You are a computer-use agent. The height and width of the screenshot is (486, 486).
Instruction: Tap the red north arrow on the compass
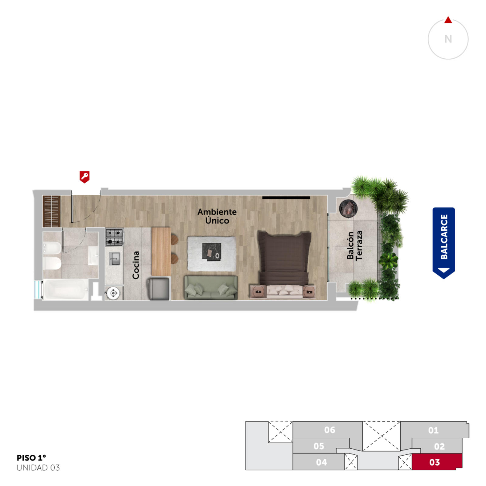pos(448,20)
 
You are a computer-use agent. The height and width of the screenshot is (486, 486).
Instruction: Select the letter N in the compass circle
pos(448,39)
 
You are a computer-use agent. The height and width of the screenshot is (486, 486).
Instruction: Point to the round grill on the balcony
pos(348,209)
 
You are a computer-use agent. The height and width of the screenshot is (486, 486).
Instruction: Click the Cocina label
pos(135,265)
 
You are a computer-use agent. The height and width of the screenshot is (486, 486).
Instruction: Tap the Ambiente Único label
pos(217,216)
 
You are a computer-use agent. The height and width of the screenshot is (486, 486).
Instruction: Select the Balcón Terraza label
pos(355,245)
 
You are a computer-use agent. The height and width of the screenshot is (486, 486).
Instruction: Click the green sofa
pos(211,287)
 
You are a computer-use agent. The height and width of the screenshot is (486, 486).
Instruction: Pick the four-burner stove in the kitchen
pos(115,237)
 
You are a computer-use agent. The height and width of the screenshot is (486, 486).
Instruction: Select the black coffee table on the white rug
pos(211,252)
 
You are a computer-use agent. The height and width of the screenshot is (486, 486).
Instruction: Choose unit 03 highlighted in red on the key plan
pos(437,462)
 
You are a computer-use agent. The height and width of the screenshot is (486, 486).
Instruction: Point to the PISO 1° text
pos(31,458)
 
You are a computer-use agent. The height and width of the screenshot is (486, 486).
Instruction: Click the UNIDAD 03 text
pos(38,468)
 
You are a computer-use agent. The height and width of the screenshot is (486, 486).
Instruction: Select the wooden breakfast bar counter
pos(161,252)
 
